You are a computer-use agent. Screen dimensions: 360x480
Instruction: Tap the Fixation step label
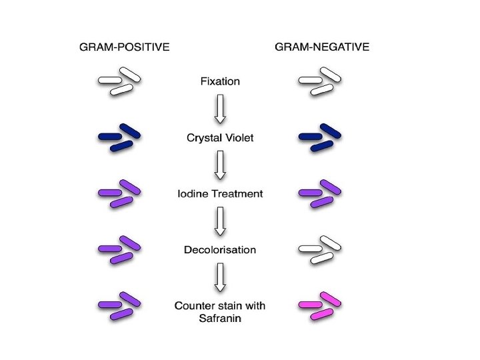[x=220, y=81]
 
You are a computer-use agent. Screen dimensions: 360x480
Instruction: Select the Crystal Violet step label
[x=220, y=138]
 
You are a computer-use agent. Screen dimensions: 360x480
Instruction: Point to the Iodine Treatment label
[x=220, y=194]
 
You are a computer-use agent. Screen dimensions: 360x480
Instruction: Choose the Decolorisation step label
[x=220, y=250]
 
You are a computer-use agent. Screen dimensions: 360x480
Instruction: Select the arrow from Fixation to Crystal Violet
[x=220, y=109]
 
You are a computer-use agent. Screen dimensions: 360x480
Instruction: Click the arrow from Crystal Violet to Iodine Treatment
[x=220, y=165]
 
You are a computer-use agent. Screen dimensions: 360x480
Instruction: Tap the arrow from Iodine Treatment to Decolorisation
[x=220, y=221]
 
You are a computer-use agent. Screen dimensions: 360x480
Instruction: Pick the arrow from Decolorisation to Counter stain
[x=220, y=277]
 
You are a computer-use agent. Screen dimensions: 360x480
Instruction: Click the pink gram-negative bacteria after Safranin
[x=320, y=305]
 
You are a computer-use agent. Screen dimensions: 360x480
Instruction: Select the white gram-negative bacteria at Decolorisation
[x=320, y=249]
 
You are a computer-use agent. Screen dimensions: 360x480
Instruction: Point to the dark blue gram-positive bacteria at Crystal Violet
[x=120, y=137]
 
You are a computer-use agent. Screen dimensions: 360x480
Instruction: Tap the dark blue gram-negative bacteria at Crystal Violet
[x=320, y=137]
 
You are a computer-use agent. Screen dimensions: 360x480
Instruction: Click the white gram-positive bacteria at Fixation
[x=120, y=81]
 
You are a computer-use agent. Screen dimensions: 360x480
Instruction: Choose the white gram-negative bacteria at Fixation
[x=320, y=81]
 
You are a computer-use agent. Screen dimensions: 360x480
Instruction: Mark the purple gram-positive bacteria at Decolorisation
[x=120, y=249]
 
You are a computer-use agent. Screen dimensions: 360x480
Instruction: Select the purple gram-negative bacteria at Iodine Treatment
[x=320, y=193]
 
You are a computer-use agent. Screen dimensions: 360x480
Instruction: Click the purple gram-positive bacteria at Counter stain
[x=120, y=305]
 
